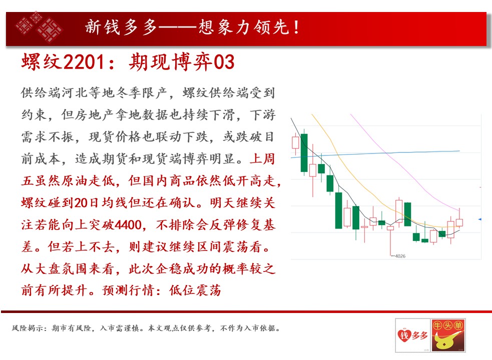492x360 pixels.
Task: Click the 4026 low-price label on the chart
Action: tap(400, 256)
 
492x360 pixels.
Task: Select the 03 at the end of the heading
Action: tap(224, 61)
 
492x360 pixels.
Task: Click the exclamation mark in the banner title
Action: tap(296, 27)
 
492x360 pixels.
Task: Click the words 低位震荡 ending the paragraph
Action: tap(195, 290)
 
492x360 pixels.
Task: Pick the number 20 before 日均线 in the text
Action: tap(81, 203)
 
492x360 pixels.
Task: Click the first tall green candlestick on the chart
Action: tap(304, 152)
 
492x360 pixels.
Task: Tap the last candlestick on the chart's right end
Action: tap(459, 218)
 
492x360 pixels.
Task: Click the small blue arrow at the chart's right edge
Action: tap(479, 219)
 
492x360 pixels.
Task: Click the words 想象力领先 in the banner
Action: tap(244, 27)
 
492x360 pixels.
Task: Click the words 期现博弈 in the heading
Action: tap(171, 61)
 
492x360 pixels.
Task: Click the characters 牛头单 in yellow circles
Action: tap(448, 326)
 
